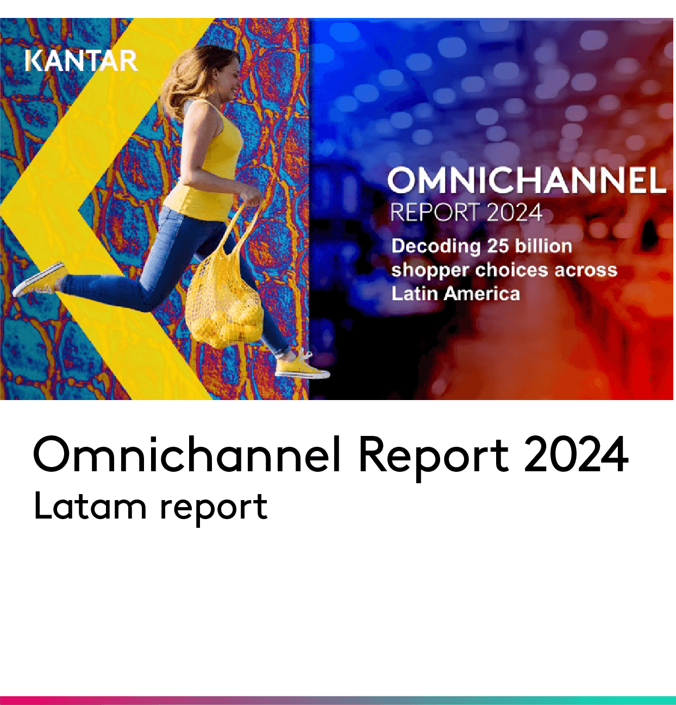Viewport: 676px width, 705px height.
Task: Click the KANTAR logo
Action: tap(82, 60)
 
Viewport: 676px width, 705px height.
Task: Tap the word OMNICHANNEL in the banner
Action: tap(527, 181)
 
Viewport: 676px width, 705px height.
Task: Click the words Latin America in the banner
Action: tap(456, 294)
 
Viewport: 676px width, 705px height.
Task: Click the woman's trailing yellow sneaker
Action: tap(39, 279)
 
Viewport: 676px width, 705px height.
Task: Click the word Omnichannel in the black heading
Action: tap(186, 455)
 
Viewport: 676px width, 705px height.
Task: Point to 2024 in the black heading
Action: tap(576, 455)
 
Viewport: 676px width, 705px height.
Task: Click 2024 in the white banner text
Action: tap(514, 213)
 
